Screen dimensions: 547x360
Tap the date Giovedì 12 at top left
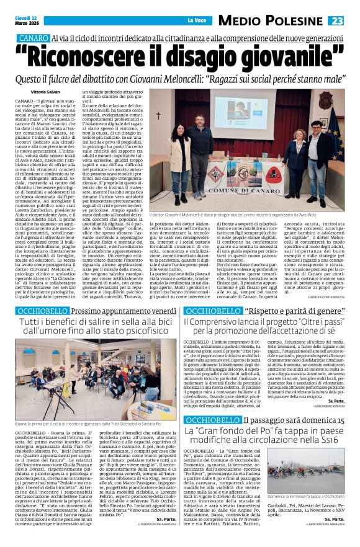pos(27,18)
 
